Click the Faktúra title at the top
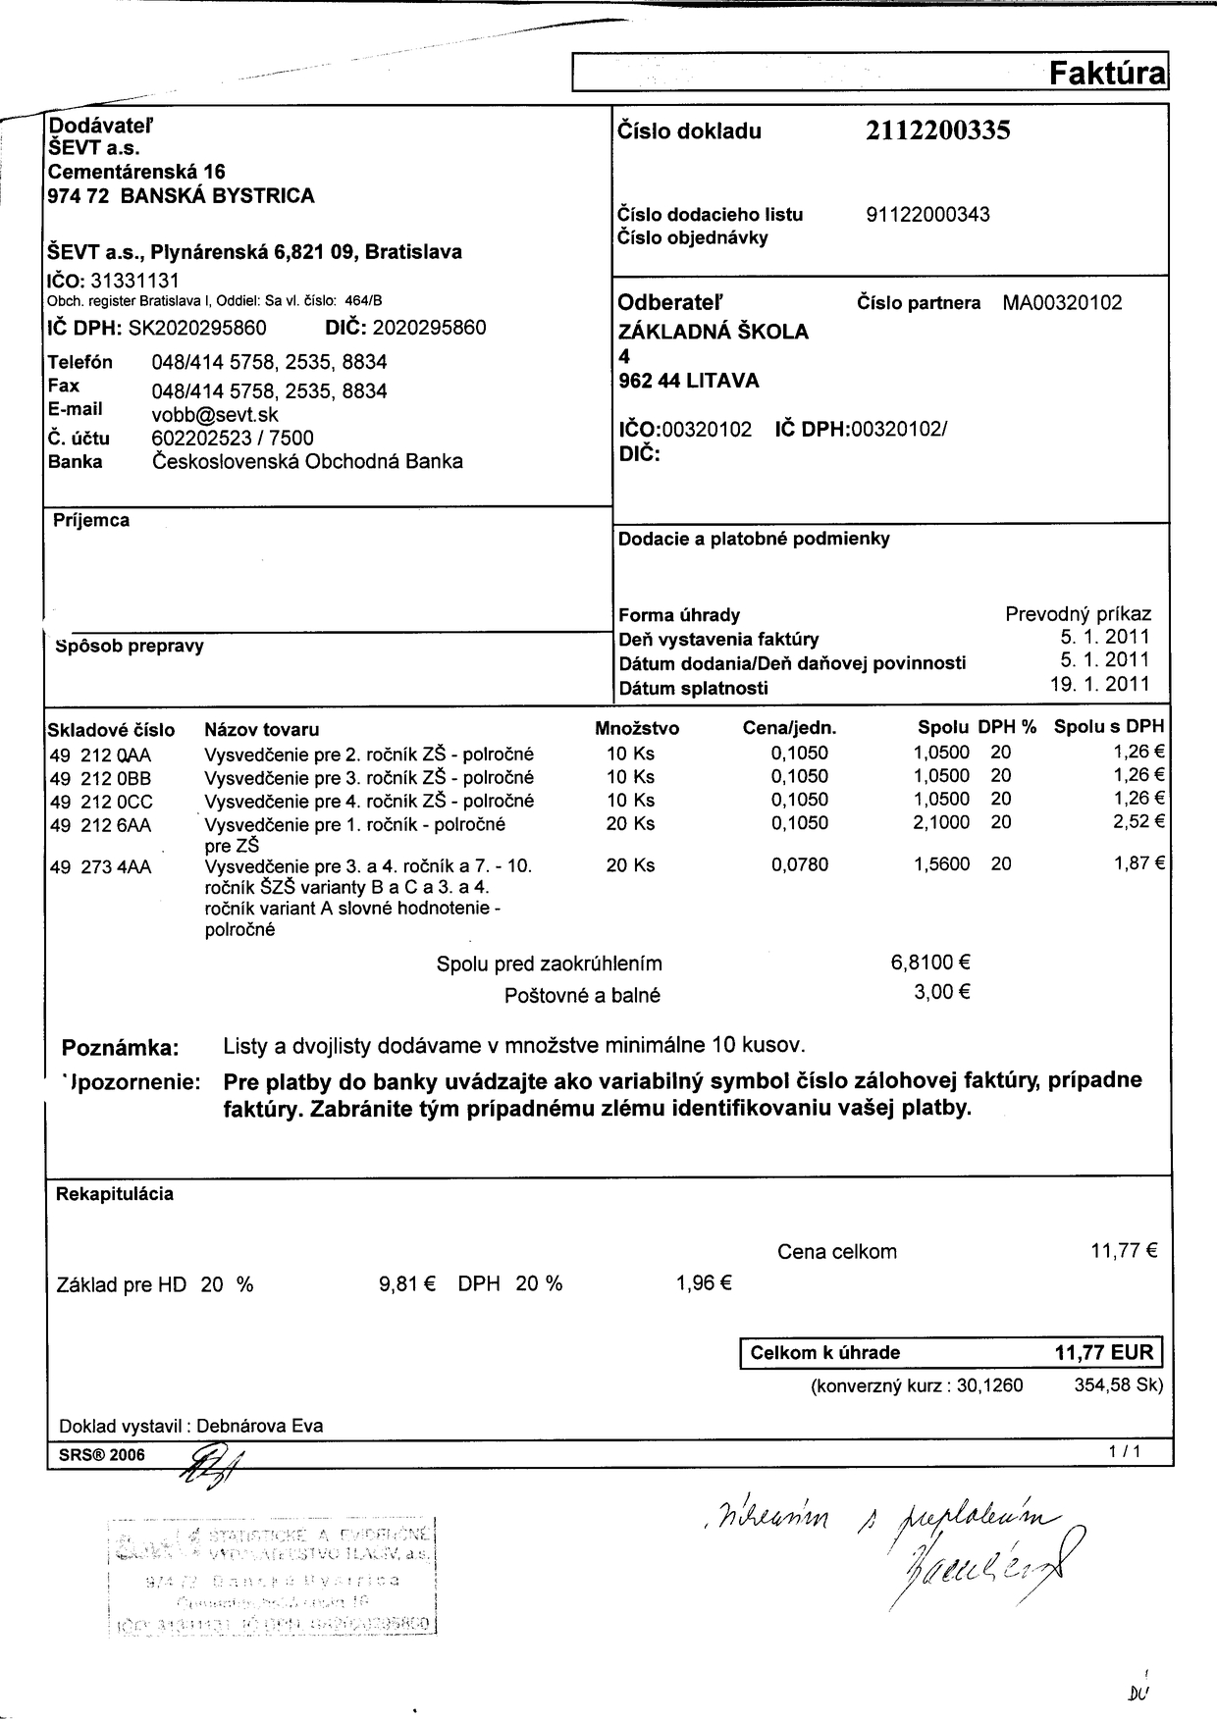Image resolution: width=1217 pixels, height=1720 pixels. click(1106, 74)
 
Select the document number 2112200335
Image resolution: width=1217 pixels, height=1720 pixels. click(937, 131)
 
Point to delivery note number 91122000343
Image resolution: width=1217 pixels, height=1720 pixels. click(927, 215)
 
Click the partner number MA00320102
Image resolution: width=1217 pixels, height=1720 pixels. click(1062, 303)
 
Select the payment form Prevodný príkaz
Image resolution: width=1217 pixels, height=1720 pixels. click(1078, 614)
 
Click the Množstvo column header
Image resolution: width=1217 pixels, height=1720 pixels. click(637, 728)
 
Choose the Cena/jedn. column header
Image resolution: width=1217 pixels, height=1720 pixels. click(789, 728)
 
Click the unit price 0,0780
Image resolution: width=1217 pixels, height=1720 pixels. click(799, 864)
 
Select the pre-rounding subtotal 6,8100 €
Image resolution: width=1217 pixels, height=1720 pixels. click(930, 964)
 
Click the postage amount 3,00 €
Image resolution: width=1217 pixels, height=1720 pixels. click(942, 992)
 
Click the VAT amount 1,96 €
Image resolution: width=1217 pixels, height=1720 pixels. click(704, 1282)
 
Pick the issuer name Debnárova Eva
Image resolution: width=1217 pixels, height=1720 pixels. click(260, 1426)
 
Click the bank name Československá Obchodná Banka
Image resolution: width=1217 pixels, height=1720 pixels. click(307, 461)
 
